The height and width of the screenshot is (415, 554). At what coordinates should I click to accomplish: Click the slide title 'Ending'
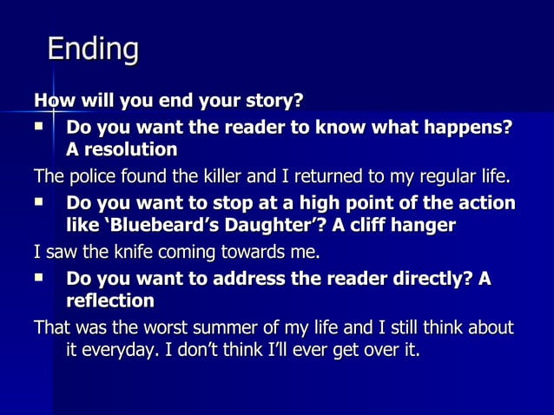tap(92, 49)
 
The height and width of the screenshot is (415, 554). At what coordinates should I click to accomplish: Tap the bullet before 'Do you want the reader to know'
tap(39, 126)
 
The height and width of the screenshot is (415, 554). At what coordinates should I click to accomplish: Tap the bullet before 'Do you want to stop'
tap(39, 202)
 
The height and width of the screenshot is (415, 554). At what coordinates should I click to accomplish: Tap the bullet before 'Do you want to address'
tap(39, 279)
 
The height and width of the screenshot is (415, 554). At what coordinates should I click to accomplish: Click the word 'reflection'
tap(110, 302)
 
